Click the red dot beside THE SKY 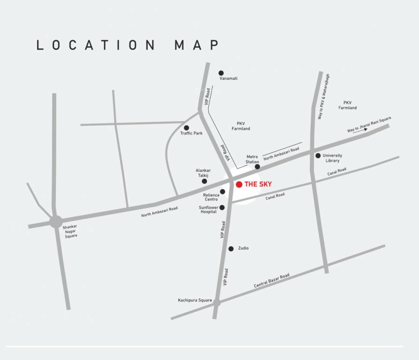[x=239, y=185]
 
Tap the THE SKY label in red [x=258, y=185]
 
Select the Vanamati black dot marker [x=221, y=73]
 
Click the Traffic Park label [x=191, y=134]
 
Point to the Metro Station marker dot [x=257, y=166]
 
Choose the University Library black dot [x=318, y=156]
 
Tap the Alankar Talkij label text [x=203, y=173]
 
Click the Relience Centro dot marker [x=222, y=192]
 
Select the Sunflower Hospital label [x=208, y=210]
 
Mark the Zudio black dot [x=231, y=249]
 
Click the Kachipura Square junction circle [x=217, y=303]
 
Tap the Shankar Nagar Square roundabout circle [x=56, y=221]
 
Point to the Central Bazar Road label [x=272, y=280]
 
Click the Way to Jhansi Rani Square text [x=369, y=124]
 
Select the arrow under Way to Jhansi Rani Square [x=363, y=130]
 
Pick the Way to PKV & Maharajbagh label [x=324, y=96]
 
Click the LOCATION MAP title [x=128, y=45]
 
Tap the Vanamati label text [x=229, y=78]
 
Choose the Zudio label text [x=243, y=248]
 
